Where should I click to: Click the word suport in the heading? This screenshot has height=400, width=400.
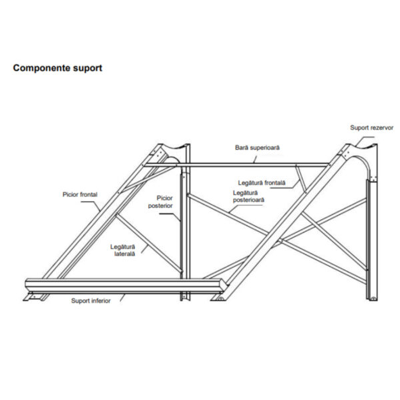[x=87, y=68]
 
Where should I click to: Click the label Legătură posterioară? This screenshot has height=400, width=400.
[x=249, y=196]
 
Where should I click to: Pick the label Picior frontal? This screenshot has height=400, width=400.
[x=79, y=195]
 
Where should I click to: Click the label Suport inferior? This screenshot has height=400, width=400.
[x=91, y=301]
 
